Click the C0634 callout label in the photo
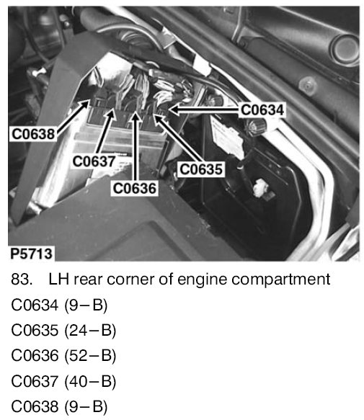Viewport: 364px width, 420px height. pyautogui.click(x=262, y=110)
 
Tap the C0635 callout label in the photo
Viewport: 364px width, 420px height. pyautogui.click(x=201, y=169)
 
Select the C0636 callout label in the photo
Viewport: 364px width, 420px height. pyautogui.click(x=135, y=188)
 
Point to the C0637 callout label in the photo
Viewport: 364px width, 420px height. pyautogui.click(x=94, y=161)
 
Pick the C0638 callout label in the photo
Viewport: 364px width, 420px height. pyautogui.click(x=33, y=134)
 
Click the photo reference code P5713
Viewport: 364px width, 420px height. pyautogui.click(x=31, y=254)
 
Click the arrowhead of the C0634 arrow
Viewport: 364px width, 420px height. pyautogui.click(x=174, y=110)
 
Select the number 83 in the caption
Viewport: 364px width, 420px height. pyautogui.click(x=22, y=279)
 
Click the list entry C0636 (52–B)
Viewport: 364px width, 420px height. pyautogui.click(x=63, y=355)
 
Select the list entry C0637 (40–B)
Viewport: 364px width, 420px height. pyautogui.click(x=63, y=381)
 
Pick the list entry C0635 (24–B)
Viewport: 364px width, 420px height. pyautogui.click(x=63, y=330)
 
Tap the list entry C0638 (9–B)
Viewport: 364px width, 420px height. pyautogui.click(x=59, y=406)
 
